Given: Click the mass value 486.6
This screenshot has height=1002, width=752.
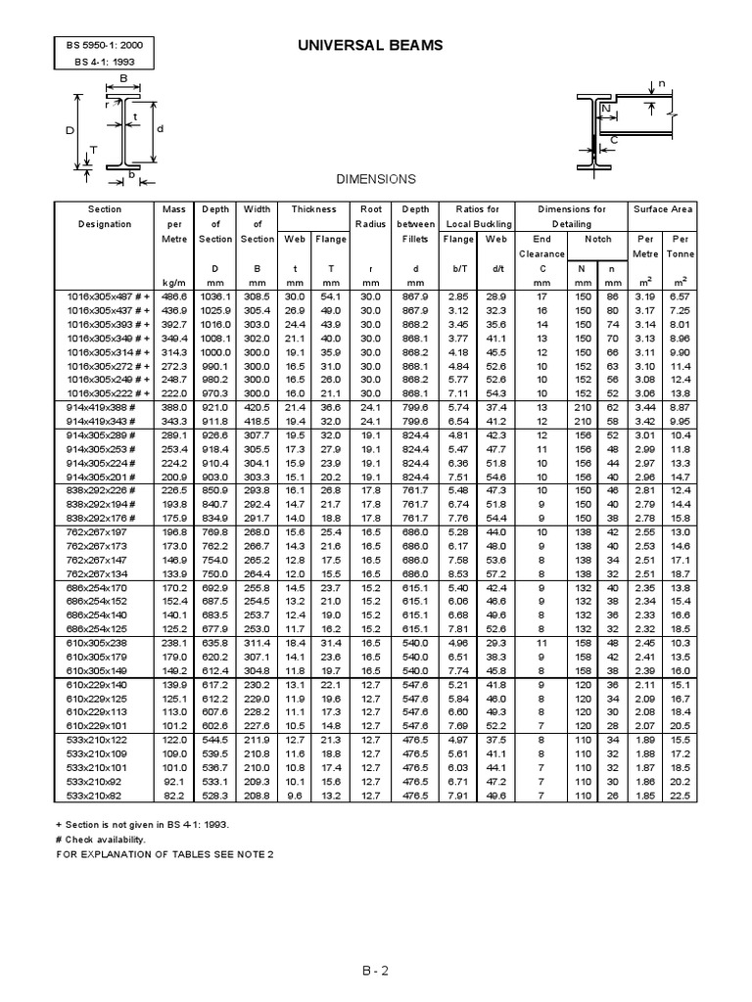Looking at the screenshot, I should pyautogui.click(x=173, y=296).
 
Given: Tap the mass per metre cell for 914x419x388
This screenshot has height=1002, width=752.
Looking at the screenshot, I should pyautogui.click(x=173, y=406).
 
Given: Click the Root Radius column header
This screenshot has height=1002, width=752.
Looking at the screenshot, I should pyautogui.click(x=370, y=216).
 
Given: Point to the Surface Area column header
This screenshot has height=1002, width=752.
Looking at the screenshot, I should pyautogui.click(x=662, y=209).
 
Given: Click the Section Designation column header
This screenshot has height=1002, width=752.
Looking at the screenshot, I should pyautogui.click(x=105, y=216).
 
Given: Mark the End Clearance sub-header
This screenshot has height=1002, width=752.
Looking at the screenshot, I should pyautogui.click(x=541, y=246).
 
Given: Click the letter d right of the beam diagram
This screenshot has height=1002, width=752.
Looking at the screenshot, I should pyautogui.click(x=161, y=128).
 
